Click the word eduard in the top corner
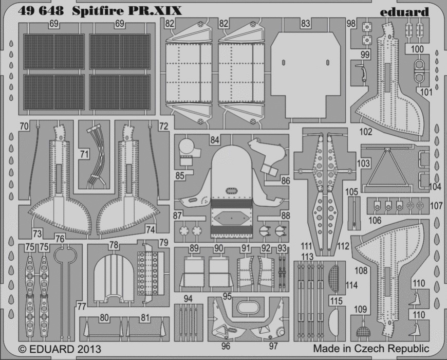tap(404, 12)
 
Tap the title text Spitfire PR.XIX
tap(126, 11)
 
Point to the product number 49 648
tap(41, 11)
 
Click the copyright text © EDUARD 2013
tap(60, 349)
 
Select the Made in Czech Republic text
tap(371, 348)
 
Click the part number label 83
tap(305, 23)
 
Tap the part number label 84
tap(215, 140)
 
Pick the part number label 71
tap(84, 154)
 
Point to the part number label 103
tap(363, 164)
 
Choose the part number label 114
tap(351, 285)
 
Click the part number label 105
tap(351, 192)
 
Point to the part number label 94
tap(188, 299)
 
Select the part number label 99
tap(365, 55)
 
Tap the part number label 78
tap(114, 245)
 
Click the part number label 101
tap(426, 92)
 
